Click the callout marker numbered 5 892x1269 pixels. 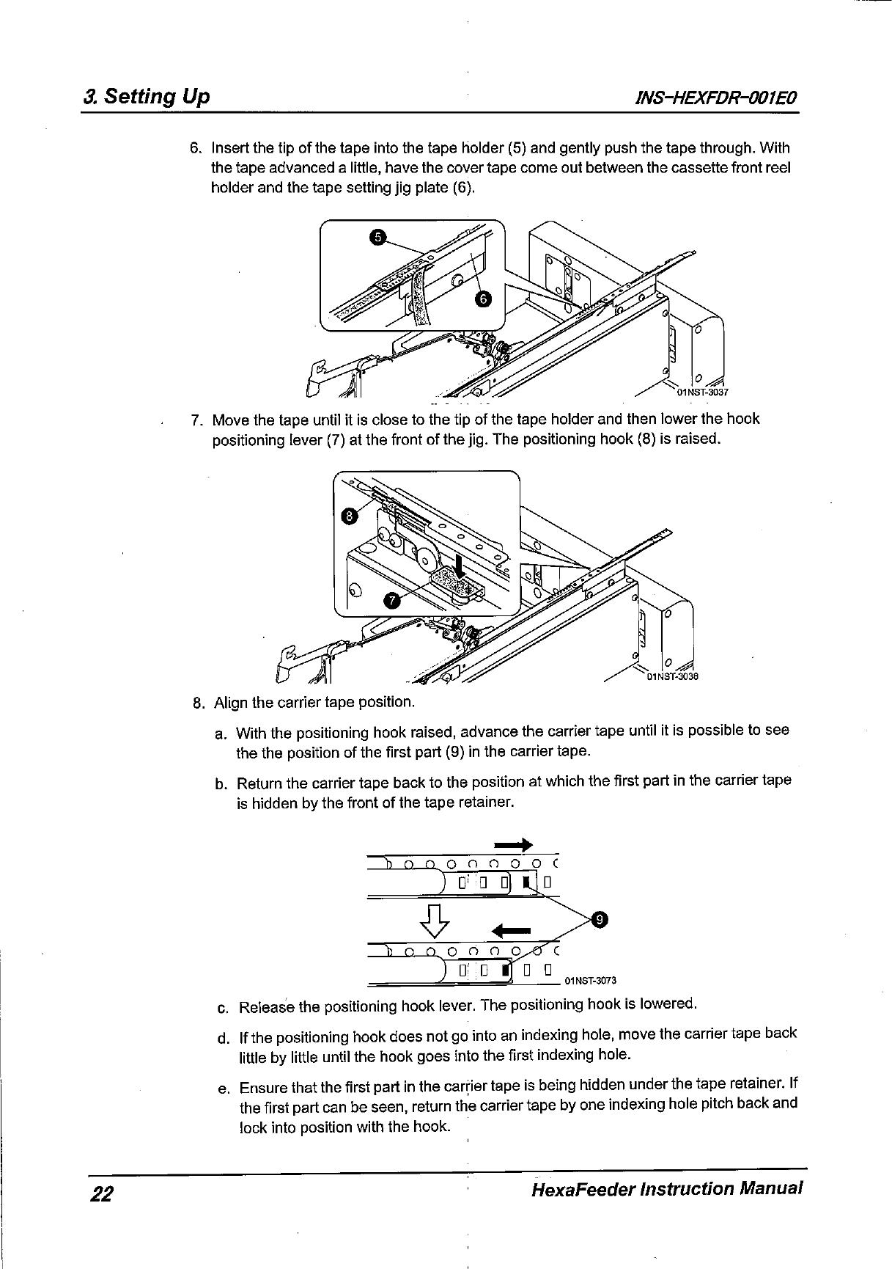[x=377, y=237]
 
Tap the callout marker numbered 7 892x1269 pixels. [x=393, y=601]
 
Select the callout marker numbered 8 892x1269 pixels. [x=350, y=516]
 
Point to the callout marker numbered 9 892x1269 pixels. [x=600, y=919]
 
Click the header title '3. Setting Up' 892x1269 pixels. [x=147, y=97]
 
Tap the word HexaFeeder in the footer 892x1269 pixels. [x=580, y=1188]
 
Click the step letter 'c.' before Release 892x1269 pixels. [x=224, y=1006]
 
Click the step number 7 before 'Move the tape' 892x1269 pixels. [x=196, y=420]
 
